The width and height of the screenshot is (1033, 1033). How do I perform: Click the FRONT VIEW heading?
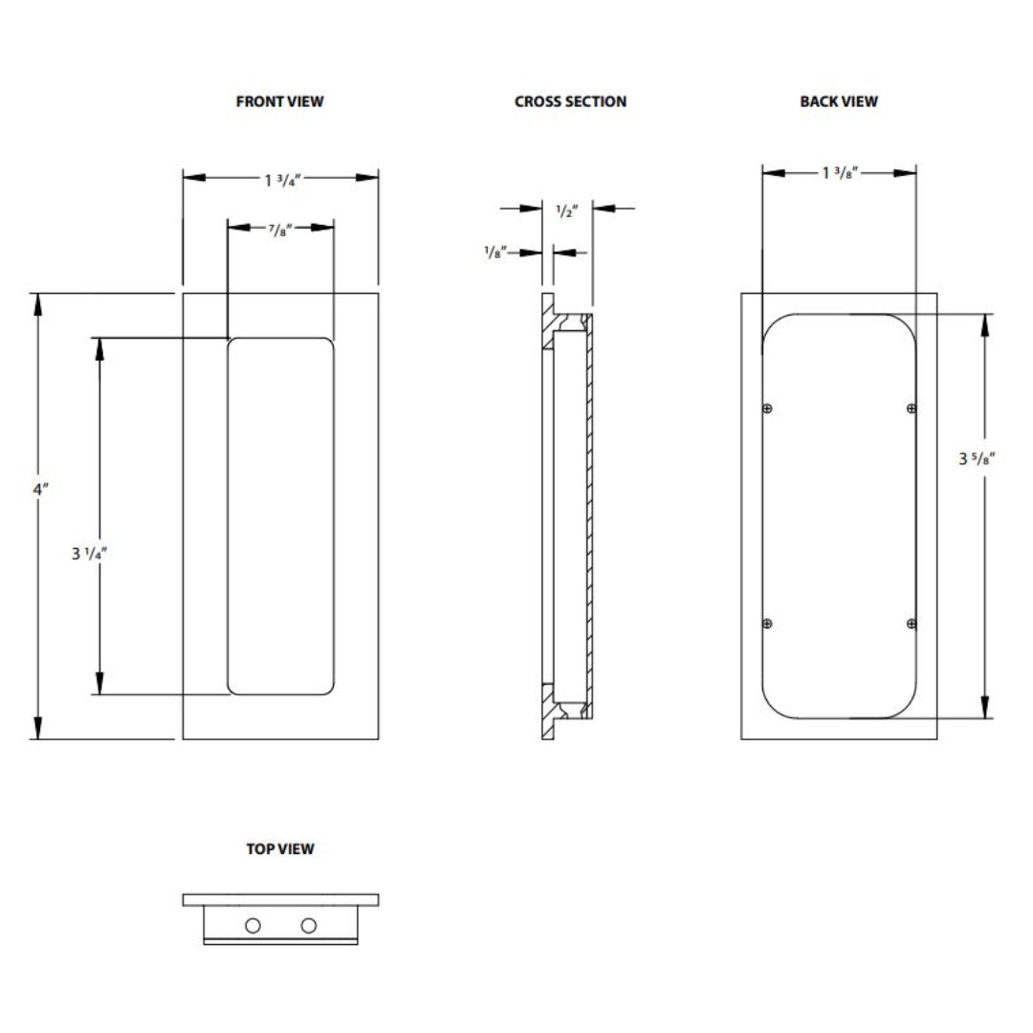280,101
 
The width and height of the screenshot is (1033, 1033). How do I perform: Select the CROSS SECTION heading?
570,101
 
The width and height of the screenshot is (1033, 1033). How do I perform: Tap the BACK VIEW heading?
839,101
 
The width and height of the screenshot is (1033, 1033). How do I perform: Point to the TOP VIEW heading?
280,848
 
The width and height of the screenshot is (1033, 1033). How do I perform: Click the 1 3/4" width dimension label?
282,180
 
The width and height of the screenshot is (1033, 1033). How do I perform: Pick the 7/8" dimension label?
280,230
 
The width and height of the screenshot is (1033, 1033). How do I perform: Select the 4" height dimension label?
41,489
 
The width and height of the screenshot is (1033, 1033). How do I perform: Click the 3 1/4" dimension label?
89,554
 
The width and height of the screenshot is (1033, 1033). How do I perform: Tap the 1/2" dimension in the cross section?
566,210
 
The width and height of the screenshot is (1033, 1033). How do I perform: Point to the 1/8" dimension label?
495,252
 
